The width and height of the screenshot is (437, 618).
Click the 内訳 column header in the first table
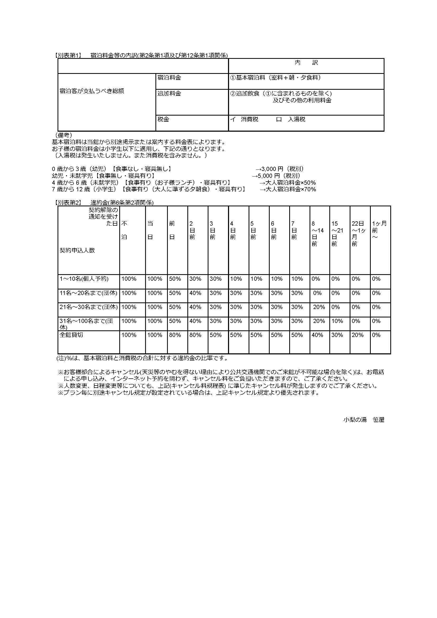(306, 63)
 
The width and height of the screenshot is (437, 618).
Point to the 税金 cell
(163, 119)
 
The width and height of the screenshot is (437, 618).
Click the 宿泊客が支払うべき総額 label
(92, 91)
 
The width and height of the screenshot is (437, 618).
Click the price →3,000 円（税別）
(279, 169)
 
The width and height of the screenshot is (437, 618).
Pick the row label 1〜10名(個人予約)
(84, 279)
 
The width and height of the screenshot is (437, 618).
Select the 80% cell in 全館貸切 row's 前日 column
(175, 335)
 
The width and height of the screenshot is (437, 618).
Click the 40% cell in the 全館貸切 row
(317, 335)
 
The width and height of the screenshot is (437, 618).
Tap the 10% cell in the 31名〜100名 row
(337, 321)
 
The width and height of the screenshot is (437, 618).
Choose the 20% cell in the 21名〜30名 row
(319, 307)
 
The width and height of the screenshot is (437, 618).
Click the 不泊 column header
(124, 230)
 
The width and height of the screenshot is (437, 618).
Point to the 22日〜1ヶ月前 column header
(358, 234)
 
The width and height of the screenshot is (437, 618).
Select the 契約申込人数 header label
(77, 250)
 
